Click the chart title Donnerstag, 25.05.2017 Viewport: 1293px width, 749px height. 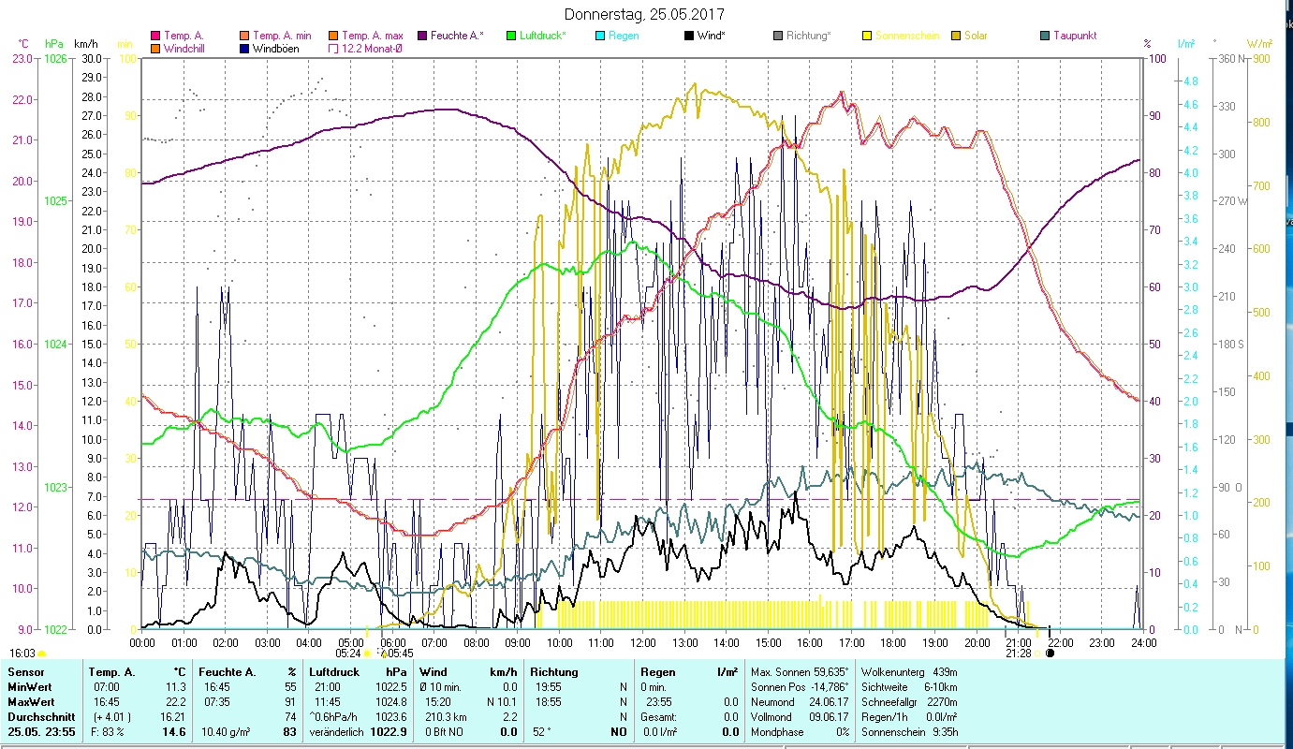point(644,15)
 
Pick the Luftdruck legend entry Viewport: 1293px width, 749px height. point(540,36)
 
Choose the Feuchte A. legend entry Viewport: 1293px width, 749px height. point(456,36)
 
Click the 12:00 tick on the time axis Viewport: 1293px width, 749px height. point(643,643)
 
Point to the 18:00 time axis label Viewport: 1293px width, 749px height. point(893,643)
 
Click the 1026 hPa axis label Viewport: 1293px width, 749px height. point(55,58)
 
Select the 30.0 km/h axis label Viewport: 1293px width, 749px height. point(92,58)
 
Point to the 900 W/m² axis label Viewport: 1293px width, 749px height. point(1261,58)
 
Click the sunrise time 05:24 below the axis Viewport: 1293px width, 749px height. point(348,654)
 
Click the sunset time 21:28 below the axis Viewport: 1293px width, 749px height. point(1018,654)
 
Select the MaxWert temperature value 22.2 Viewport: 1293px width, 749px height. point(174,701)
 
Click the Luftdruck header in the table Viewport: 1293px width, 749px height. point(334,671)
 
